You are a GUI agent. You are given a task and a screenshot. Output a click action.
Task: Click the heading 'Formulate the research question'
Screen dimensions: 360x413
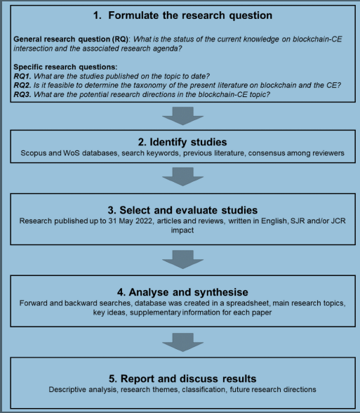190,15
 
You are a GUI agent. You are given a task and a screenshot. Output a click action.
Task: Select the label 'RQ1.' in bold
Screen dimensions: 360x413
22,77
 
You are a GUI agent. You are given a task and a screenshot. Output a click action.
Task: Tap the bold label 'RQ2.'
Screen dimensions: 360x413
22,86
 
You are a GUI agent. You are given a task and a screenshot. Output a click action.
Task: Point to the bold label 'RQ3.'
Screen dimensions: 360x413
22,94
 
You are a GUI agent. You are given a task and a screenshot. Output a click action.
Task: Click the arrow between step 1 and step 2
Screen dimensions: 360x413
183,116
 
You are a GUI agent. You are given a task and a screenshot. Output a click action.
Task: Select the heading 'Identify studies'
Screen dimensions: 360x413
188,142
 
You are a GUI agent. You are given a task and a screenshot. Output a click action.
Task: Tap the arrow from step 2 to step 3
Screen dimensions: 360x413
183,176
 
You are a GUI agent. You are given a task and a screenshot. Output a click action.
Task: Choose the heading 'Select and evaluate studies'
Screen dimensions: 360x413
188,210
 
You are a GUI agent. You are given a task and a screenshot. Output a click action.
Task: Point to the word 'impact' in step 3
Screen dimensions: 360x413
182,230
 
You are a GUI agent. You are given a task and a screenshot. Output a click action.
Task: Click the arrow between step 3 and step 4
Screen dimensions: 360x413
183,259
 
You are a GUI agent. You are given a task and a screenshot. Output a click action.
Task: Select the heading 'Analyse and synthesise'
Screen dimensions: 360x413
188,292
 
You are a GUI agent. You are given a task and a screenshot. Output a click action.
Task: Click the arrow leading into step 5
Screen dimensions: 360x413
183,342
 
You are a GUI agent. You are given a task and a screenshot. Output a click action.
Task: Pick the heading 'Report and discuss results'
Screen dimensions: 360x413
188,379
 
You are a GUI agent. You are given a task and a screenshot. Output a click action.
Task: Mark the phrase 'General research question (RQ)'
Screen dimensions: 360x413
71,39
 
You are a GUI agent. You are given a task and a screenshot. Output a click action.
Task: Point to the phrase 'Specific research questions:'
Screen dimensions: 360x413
65,67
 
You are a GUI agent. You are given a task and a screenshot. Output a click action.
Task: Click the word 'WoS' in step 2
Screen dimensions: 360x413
72,153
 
